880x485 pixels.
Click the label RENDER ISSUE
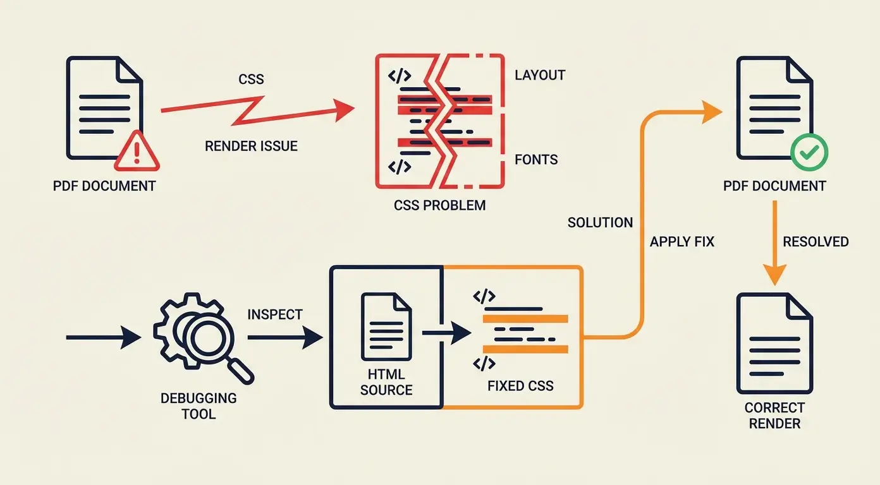click(x=251, y=147)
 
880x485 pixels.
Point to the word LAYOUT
click(x=539, y=75)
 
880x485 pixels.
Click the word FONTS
click(x=536, y=159)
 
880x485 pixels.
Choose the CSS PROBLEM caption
click(x=439, y=205)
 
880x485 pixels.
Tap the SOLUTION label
click(x=600, y=222)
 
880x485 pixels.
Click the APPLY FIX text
click(x=682, y=241)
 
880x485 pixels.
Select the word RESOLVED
click(x=816, y=241)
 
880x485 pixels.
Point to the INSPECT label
click(x=275, y=314)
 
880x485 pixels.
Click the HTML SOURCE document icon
click(x=386, y=326)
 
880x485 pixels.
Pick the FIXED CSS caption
click(x=520, y=385)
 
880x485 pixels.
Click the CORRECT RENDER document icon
click(x=774, y=344)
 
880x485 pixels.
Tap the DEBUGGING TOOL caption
click(x=198, y=406)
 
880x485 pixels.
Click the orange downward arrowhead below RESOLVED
click(x=774, y=275)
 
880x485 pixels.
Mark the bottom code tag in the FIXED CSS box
click(x=484, y=363)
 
